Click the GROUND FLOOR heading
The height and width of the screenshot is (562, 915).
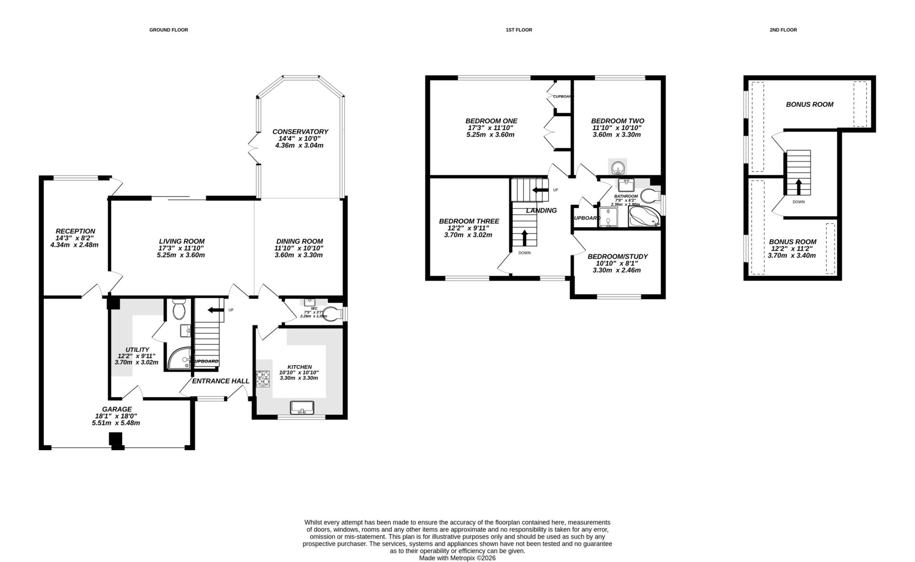coord(169,30)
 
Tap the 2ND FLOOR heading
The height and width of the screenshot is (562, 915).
coord(783,30)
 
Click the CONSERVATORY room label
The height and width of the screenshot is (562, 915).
coord(300,131)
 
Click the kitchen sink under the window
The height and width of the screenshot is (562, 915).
coord(302,407)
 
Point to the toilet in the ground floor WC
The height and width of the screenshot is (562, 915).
coord(332,314)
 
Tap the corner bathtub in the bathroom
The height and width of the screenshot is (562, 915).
coord(644,217)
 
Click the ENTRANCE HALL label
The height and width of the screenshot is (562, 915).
coord(221,381)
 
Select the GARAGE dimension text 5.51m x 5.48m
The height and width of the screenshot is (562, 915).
coord(116,422)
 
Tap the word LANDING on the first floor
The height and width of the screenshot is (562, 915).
coord(541,210)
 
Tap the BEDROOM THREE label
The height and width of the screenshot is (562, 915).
coord(469,221)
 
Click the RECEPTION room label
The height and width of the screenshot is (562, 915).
coord(75,231)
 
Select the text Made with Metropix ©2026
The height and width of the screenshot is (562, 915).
coord(457,558)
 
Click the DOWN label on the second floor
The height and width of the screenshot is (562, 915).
coord(798,202)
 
